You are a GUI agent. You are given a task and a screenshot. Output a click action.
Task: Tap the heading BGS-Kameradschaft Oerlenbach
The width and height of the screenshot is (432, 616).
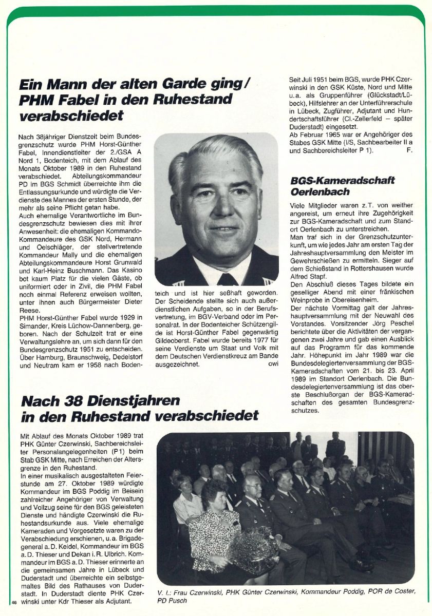[350, 186]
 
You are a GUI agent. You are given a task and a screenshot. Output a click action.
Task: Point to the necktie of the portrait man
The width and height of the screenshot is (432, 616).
[227, 279]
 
